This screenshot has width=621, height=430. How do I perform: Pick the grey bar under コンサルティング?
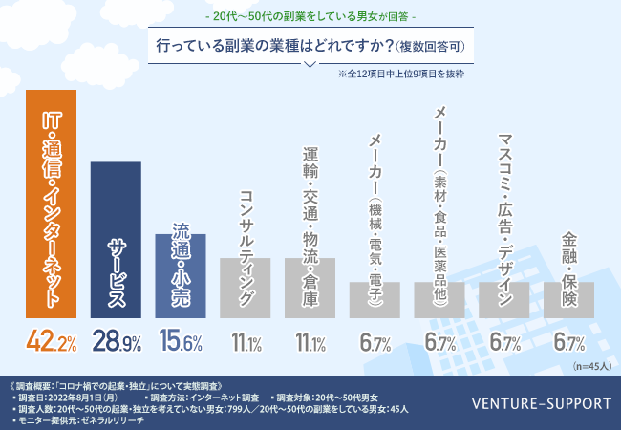click(x=246, y=287)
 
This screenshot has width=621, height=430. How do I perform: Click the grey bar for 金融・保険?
click(x=569, y=299)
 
